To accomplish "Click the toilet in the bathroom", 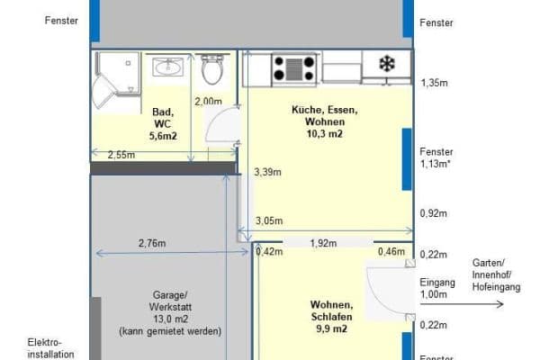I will tap(213, 69).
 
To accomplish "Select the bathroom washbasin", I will tap(168, 67).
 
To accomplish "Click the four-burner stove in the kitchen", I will tap(295, 67).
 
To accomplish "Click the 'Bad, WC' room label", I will tap(162, 118).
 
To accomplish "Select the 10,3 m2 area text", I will tap(324, 134).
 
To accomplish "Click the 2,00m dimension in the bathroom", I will tap(208, 102).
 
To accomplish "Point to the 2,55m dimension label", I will tap(121, 155).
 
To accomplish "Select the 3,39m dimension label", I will tap(267, 172).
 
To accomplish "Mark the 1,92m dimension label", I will tap(323, 243).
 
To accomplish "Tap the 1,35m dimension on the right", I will tap(435, 82).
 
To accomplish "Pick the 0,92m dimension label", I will tap(435, 214).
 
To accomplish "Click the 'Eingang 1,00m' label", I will tap(437, 288).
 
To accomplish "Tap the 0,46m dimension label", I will tap(391, 252).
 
